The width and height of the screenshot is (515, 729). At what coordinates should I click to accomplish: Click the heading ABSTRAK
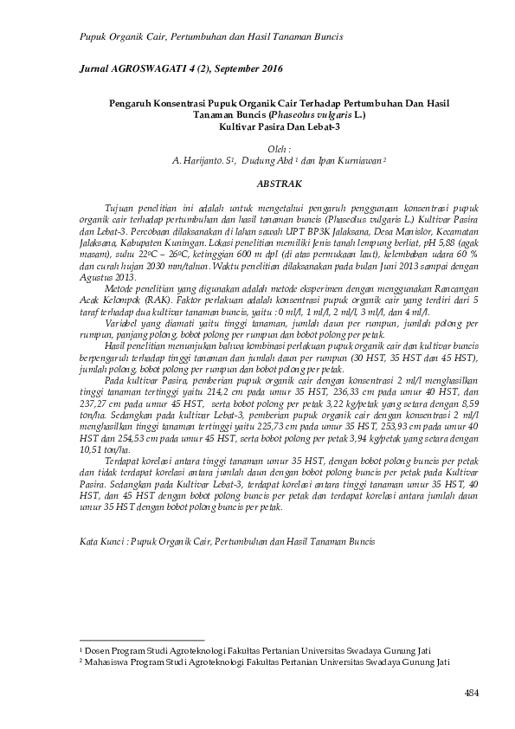point(279,184)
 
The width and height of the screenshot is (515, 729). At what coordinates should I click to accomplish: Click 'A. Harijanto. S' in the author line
point(203,161)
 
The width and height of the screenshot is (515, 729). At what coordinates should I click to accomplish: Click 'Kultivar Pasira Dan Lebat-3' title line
point(279,127)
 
